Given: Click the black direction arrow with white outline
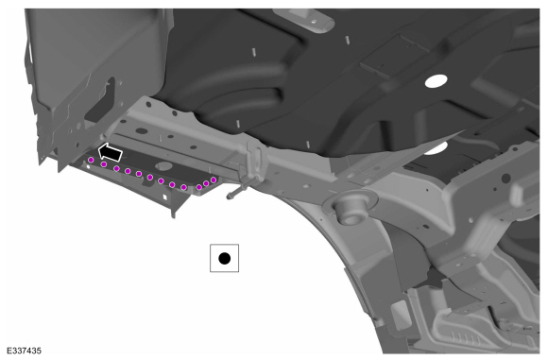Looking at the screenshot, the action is pos(111,152).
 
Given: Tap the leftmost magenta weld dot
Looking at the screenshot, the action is pos(91,160).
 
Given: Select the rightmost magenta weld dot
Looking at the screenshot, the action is pos(214,180).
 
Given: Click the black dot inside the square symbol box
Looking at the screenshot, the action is pos(224,259).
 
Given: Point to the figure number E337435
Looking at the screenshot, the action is pos(24,351).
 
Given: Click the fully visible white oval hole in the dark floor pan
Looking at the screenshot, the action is pos(437,81).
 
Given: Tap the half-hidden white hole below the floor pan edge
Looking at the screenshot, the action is pos(437,148).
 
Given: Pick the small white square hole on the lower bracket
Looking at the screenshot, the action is pos(164,197).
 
